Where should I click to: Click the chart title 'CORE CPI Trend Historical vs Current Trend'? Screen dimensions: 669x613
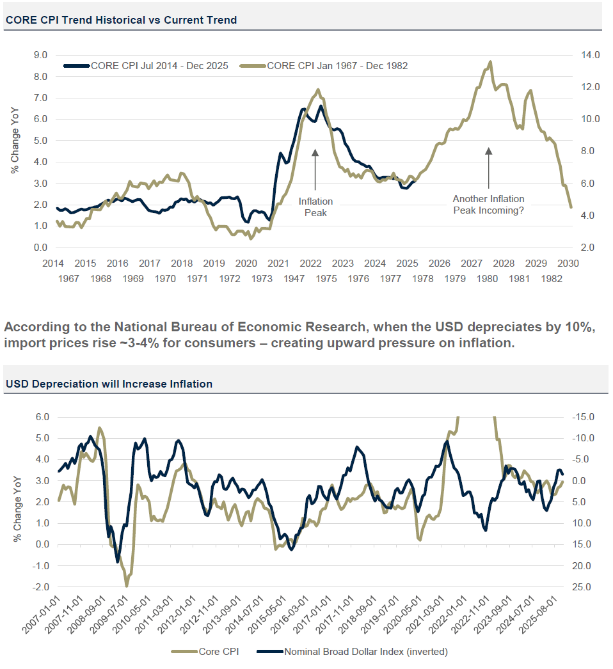point(121,20)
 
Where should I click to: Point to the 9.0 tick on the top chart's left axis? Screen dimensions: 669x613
point(40,55)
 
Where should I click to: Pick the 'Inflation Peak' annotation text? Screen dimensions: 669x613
point(315,207)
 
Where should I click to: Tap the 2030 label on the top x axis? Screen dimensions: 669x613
point(569,264)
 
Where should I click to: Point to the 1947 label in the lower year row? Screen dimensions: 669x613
point(294,279)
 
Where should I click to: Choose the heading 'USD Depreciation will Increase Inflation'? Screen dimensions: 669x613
point(109,384)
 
